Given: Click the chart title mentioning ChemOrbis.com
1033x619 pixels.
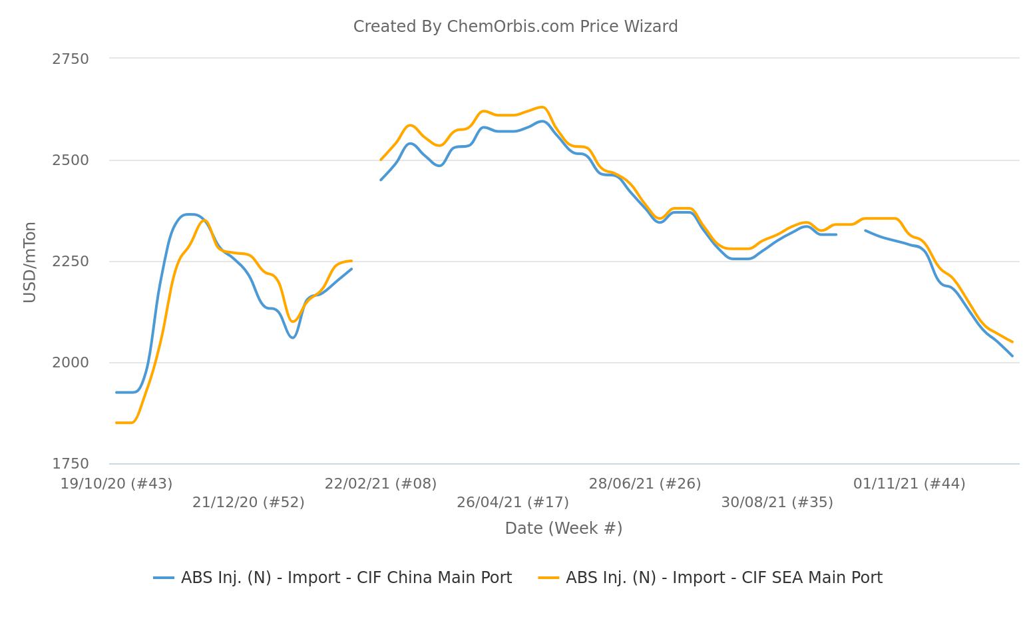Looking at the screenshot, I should click(x=515, y=27).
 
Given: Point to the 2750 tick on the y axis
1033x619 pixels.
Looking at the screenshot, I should click(x=71, y=59).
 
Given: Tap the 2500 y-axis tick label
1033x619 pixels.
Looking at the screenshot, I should click(x=71, y=160).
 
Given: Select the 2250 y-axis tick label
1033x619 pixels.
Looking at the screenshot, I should click(x=71, y=262).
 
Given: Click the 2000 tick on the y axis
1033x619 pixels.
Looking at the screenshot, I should click(x=71, y=363).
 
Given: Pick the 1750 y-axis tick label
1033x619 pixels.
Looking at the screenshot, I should click(x=71, y=464).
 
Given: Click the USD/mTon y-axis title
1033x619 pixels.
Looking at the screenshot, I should click(x=30, y=262).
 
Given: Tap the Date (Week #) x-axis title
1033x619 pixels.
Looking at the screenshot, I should click(x=564, y=528).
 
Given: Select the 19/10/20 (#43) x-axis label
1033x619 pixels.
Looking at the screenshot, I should click(x=116, y=484).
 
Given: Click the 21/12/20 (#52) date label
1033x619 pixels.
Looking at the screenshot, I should click(x=248, y=503).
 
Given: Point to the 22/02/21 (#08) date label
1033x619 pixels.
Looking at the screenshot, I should click(x=381, y=484).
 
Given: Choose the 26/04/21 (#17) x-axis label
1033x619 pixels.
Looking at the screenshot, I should click(x=513, y=503).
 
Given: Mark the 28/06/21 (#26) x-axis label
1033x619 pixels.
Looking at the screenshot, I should click(x=645, y=484).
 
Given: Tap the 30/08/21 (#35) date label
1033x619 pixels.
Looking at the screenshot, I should click(x=777, y=503).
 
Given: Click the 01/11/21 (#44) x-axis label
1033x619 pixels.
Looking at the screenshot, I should click(x=909, y=484).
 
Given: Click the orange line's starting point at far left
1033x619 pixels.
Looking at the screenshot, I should click(x=116, y=423).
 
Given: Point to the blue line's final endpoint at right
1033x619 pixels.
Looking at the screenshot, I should click(x=1012, y=356).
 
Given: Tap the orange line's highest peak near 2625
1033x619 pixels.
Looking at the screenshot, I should click(x=542, y=107).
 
